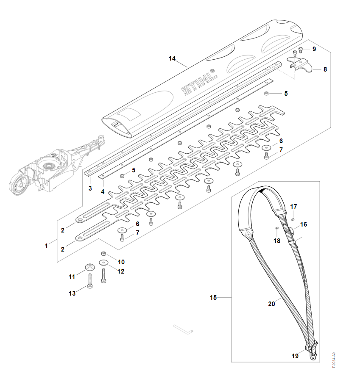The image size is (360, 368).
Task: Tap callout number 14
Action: coord(172,58)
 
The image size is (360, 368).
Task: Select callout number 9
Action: coord(314,49)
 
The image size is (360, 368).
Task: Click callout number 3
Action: coord(90,188)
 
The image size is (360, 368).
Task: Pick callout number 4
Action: coord(103,192)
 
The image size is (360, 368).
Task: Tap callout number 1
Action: coord(46,246)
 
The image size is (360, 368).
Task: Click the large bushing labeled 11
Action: coord(90,267)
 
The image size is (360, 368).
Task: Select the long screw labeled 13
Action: coord(90,281)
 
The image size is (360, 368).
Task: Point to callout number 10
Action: coord(121,262)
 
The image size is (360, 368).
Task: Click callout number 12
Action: coord(121,271)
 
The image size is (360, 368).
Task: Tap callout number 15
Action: coord(213,298)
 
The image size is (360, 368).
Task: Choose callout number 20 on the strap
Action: coord(271,304)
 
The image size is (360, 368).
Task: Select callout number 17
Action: coord(293,207)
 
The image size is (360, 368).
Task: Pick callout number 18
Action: coord(277,241)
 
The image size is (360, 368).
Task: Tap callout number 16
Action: coord(304,224)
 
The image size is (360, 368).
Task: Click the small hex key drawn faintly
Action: coord(183,329)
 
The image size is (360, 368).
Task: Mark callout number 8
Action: coord(325,69)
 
